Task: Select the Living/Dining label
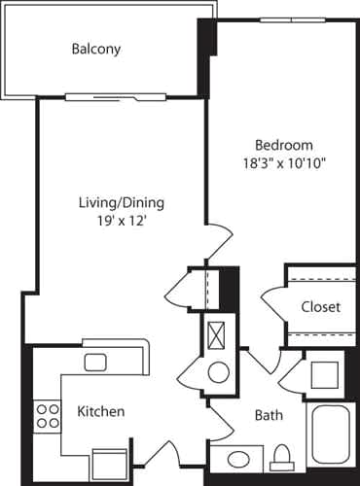coord(121,203)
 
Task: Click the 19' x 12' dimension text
coord(121,221)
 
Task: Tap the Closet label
coord(320,307)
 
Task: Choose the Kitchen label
coord(101,411)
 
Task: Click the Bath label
coord(269,415)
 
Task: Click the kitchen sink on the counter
coord(95,363)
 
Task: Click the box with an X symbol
coord(217,335)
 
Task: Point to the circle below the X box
coord(218,371)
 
